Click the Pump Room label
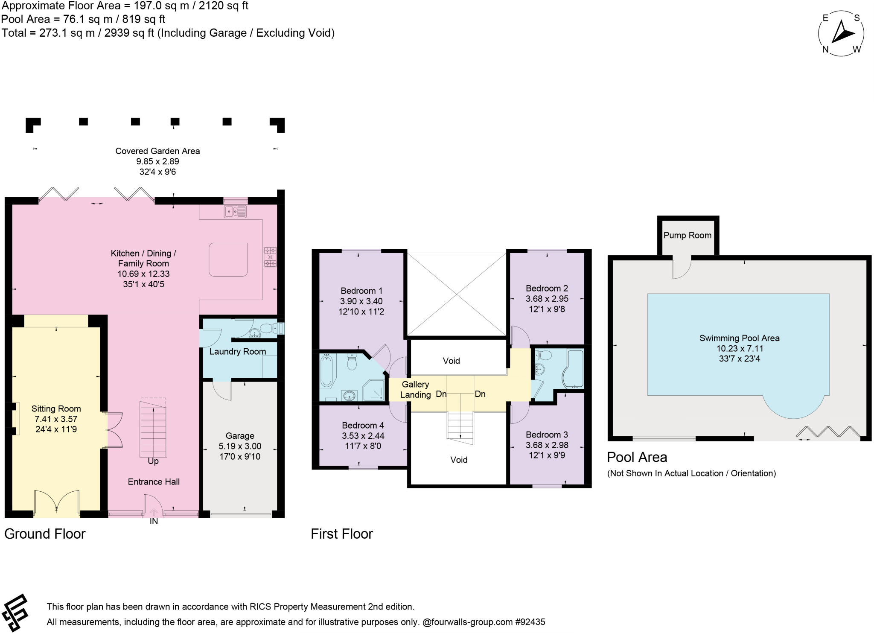687,235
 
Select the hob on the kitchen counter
270,257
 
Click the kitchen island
228,260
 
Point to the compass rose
841,33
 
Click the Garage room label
240,436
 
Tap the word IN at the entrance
154,521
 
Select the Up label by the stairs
153,461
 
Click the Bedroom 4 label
363,426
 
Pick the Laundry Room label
238,352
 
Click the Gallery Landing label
415,390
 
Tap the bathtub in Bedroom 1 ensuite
328,371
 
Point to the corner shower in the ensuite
373,390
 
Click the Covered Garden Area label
157,151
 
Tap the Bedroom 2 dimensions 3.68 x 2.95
547,299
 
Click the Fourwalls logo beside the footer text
15,613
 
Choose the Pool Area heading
637,458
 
